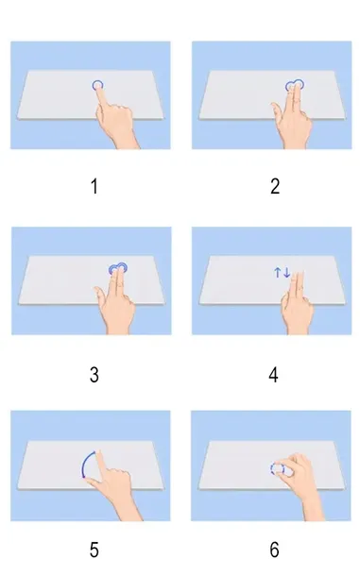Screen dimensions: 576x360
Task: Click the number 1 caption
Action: [x=94, y=187]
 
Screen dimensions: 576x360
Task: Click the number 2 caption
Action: [x=274, y=187]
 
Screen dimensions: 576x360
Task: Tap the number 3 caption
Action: [x=94, y=374]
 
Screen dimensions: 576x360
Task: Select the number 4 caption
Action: [x=274, y=374]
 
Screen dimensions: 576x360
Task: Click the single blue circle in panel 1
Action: [x=98, y=85]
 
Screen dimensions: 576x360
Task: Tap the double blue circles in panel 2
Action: [x=294, y=85]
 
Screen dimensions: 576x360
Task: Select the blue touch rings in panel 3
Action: [x=118, y=269]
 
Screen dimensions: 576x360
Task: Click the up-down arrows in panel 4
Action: [x=282, y=273]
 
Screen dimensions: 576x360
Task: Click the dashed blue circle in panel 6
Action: [x=276, y=468]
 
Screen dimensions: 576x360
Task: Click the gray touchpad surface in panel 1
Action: [x=52, y=99]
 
